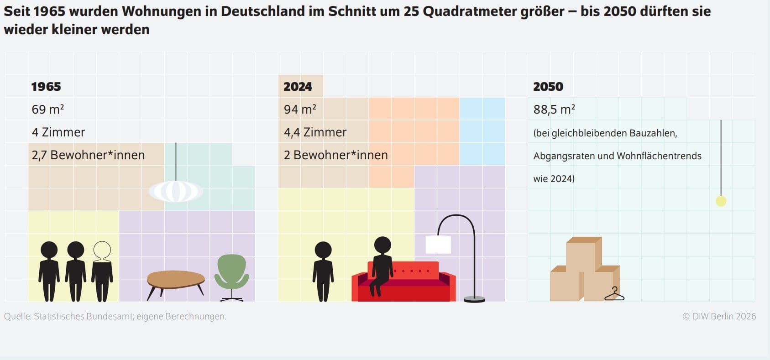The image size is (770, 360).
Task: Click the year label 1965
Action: [46, 87]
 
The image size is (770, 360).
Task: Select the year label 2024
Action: [298, 87]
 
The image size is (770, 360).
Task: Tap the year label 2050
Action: [548, 87]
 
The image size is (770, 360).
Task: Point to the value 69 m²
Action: [47, 109]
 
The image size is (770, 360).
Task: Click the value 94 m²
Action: [300, 109]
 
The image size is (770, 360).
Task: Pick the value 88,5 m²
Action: [554, 109]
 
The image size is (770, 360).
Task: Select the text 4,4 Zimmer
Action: [315, 132]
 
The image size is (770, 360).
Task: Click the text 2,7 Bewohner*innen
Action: [88, 155]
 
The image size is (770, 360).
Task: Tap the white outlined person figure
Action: [102, 271]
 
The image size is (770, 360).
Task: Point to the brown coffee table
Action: [176, 282]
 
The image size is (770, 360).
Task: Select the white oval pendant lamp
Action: [176, 191]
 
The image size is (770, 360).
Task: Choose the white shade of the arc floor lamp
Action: [438, 245]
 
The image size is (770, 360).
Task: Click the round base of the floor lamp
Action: [474, 299]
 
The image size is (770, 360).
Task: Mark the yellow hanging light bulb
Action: [721, 201]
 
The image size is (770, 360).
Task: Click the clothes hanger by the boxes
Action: [614, 294]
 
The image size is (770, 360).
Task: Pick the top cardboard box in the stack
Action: [584, 254]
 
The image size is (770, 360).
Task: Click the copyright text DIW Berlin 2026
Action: [719, 316]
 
